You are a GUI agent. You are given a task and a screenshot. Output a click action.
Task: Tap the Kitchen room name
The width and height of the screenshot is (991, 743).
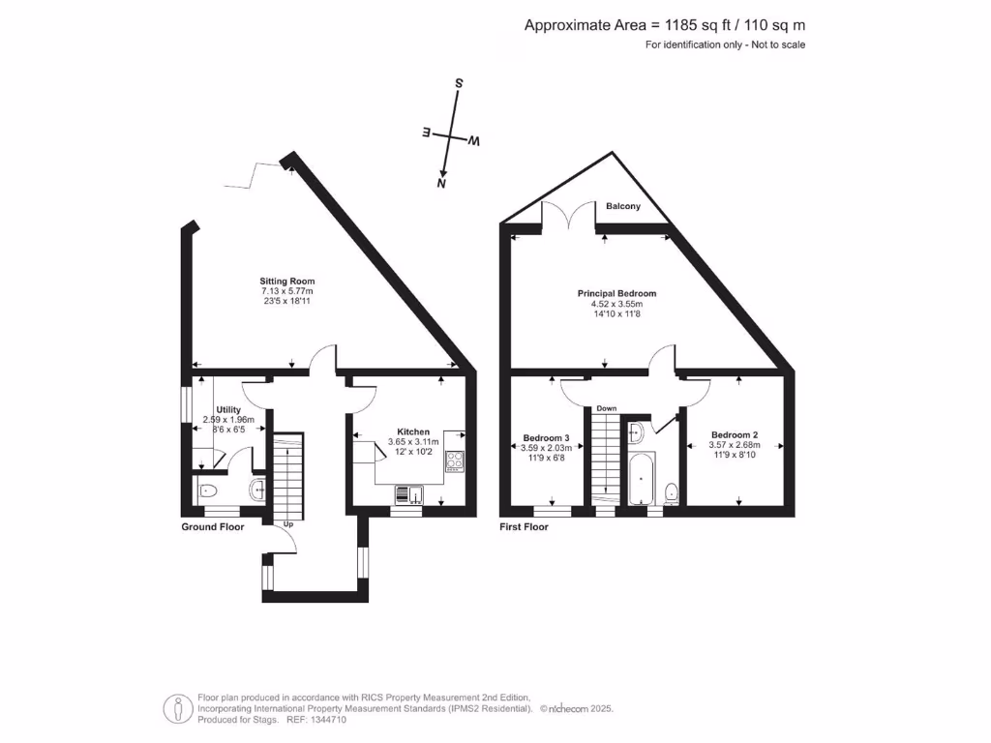click(413, 431)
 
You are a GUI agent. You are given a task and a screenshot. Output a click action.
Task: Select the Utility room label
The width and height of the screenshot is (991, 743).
click(228, 409)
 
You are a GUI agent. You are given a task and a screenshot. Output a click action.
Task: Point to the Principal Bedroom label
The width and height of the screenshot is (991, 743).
click(616, 293)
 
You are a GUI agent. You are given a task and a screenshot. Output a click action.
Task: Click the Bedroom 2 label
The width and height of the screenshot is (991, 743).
click(734, 434)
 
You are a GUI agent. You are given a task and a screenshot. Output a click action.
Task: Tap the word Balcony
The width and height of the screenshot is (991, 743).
click(623, 206)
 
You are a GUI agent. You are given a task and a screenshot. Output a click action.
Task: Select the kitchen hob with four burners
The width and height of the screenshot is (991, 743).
click(455, 461)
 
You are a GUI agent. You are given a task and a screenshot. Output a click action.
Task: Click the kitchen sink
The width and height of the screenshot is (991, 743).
click(407, 495)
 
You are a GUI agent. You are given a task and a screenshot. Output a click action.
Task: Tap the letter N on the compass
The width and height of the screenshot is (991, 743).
click(442, 182)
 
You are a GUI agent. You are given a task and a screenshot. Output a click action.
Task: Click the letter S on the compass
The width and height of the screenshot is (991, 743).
click(459, 84)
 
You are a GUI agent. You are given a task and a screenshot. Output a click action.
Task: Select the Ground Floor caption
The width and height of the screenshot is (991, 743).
click(213, 527)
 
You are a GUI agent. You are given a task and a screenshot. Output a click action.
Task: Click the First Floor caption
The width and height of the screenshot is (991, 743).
click(524, 527)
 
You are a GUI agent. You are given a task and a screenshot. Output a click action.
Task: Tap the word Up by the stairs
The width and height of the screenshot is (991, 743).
click(288, 524)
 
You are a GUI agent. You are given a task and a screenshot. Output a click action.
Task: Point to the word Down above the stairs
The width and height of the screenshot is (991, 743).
click(606, 408)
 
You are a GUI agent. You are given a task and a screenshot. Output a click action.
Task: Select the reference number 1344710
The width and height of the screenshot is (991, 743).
click(327, 720)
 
